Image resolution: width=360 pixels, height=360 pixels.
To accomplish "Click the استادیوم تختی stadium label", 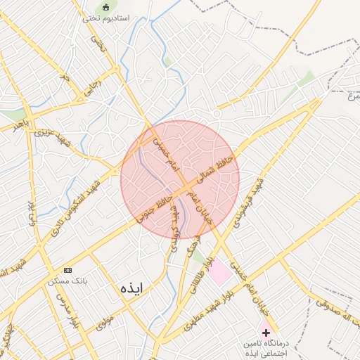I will (106, 18).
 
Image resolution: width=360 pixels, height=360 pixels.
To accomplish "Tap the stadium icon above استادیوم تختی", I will (106, 7).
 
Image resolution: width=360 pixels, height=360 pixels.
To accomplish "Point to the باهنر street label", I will (22, 124).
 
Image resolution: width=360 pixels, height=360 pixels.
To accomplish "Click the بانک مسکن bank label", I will (67, 281).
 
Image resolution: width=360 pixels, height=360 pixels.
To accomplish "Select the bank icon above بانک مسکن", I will (67, 270).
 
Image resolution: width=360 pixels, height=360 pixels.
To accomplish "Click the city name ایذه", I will (131, 288).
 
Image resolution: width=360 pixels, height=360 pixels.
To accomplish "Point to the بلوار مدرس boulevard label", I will (75, 314).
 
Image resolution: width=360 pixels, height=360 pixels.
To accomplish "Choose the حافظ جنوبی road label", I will (155, 207).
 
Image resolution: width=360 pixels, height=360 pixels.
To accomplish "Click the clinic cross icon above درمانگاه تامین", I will (265, 331).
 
